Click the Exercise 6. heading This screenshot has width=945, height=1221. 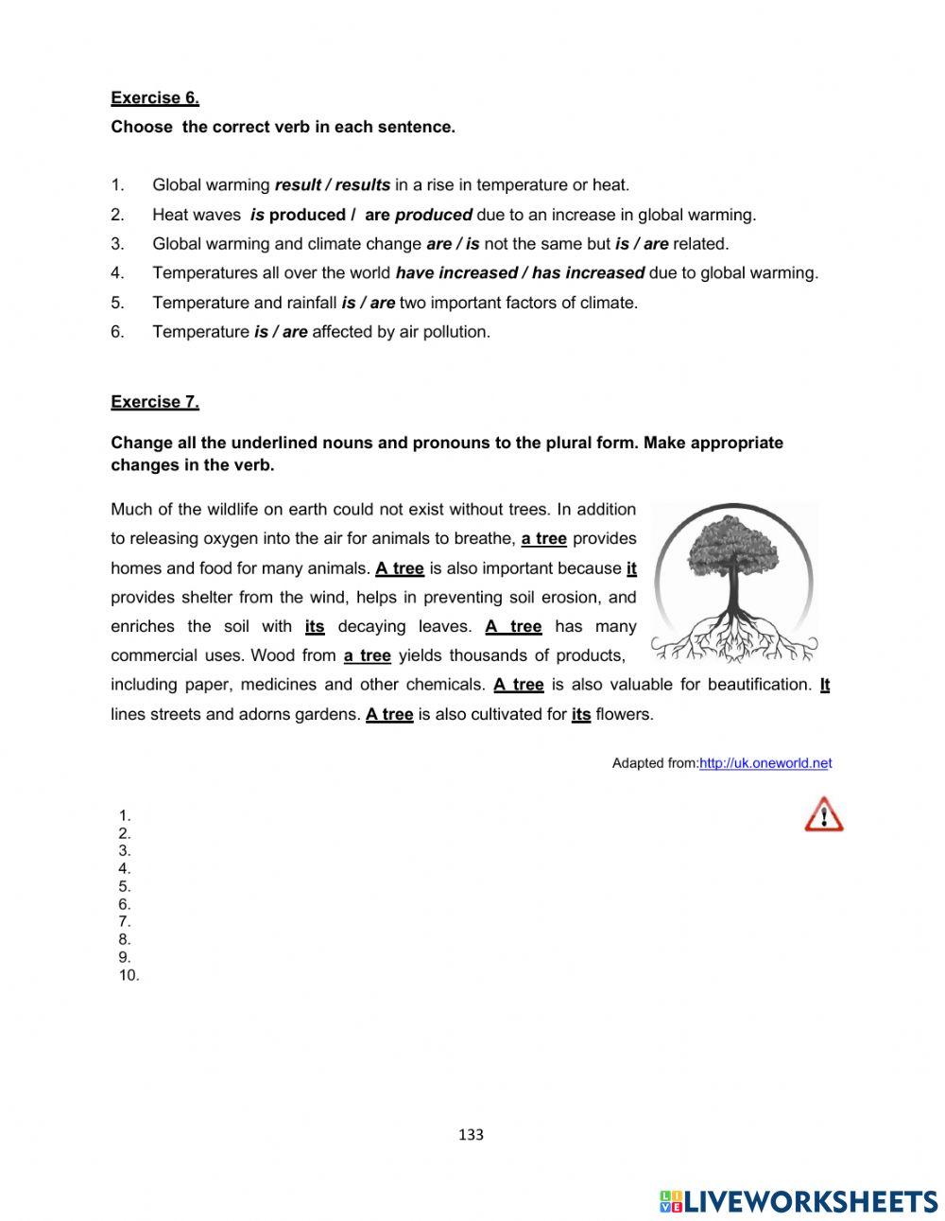click(155, 97)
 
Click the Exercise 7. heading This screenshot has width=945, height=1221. click(155, 402)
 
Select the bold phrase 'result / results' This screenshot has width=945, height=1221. click(332, 185)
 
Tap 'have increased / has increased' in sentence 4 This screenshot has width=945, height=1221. click(520, 273)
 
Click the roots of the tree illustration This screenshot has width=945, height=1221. click(733, 638)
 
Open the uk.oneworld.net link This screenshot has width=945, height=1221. click(765, 763)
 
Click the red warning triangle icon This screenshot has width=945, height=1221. click(823, 814)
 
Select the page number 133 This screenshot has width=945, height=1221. click(471, 1135)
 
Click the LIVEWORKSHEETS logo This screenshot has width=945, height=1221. click(799, 1201)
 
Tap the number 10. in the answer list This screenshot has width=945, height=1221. click(129, 976)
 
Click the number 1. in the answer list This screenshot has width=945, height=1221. click(125, 815)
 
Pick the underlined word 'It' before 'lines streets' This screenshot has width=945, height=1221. click(824, 685)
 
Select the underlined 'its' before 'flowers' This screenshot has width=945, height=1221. click(581, 715)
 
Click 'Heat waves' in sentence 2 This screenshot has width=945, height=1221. click(197, 215)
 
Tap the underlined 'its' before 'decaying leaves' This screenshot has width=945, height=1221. click(315, 627)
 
